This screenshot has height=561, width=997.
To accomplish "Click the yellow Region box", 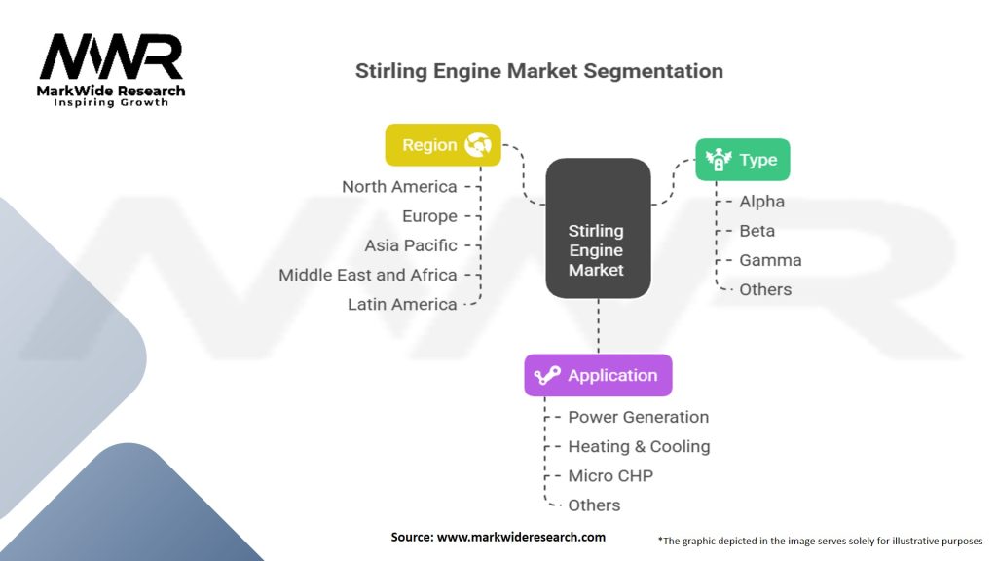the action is tap(443, 145).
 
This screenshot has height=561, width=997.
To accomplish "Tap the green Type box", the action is tap(743, 160).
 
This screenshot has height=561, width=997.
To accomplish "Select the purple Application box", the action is tap(598, 375).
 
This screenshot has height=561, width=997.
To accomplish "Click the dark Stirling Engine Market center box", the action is tap(598, 228).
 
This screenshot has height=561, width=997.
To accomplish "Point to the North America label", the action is tap(399, 187).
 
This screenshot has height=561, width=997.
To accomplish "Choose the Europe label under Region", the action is tap(429, 216).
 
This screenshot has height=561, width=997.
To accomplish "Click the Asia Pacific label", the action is tap(411, 245).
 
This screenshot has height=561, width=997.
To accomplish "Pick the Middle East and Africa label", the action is tap(367, 275).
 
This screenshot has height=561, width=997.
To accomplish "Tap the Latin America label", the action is tap(402, 304).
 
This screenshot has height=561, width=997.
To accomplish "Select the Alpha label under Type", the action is tap(761, 202).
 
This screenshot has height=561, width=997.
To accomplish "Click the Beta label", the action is tap(757, 231).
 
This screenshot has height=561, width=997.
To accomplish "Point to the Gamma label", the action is tap(770, 260).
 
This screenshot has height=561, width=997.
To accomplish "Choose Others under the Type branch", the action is tap(765, 289).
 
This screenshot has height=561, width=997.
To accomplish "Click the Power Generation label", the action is tap(639, 417).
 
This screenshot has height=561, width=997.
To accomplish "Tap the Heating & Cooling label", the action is tap(639, 446).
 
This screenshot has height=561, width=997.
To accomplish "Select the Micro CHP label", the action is tap(610, 475).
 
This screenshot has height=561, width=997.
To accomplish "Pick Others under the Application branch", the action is tap(594, 505).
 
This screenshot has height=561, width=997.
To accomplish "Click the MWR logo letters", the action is tap(111, 57).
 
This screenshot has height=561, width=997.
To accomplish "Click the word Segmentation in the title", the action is tap(653, 71).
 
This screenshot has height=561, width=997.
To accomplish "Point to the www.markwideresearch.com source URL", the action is tap(521, 537).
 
